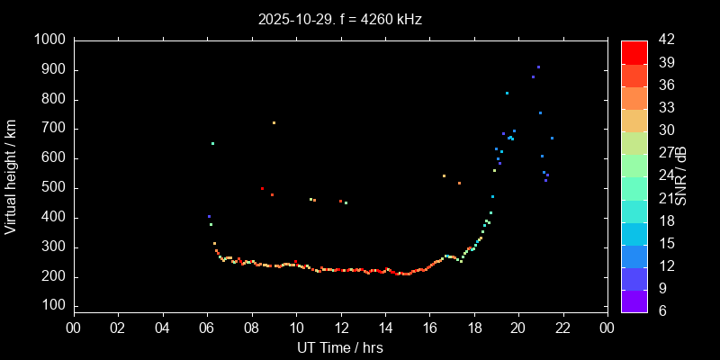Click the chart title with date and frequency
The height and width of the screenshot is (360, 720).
click(339, 18)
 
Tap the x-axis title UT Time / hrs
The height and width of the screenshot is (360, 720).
click(339, 346)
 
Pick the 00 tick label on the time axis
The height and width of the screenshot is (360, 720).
click(73, 327)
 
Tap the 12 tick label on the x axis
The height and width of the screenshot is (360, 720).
click(340, 327)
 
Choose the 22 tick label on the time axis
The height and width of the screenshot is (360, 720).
click(562, 327)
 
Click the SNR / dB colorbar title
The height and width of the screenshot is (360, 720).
click(681, 175)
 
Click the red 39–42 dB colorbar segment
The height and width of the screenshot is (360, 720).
click(634, 52)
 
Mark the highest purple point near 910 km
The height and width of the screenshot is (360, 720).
click(538, 67)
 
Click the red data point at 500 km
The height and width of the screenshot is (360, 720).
click(262, 189)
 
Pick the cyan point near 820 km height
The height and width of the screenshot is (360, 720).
click(507, 94)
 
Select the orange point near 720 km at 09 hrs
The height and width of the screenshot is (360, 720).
click(274, 123)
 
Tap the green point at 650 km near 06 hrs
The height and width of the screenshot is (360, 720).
click(212, 144)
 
